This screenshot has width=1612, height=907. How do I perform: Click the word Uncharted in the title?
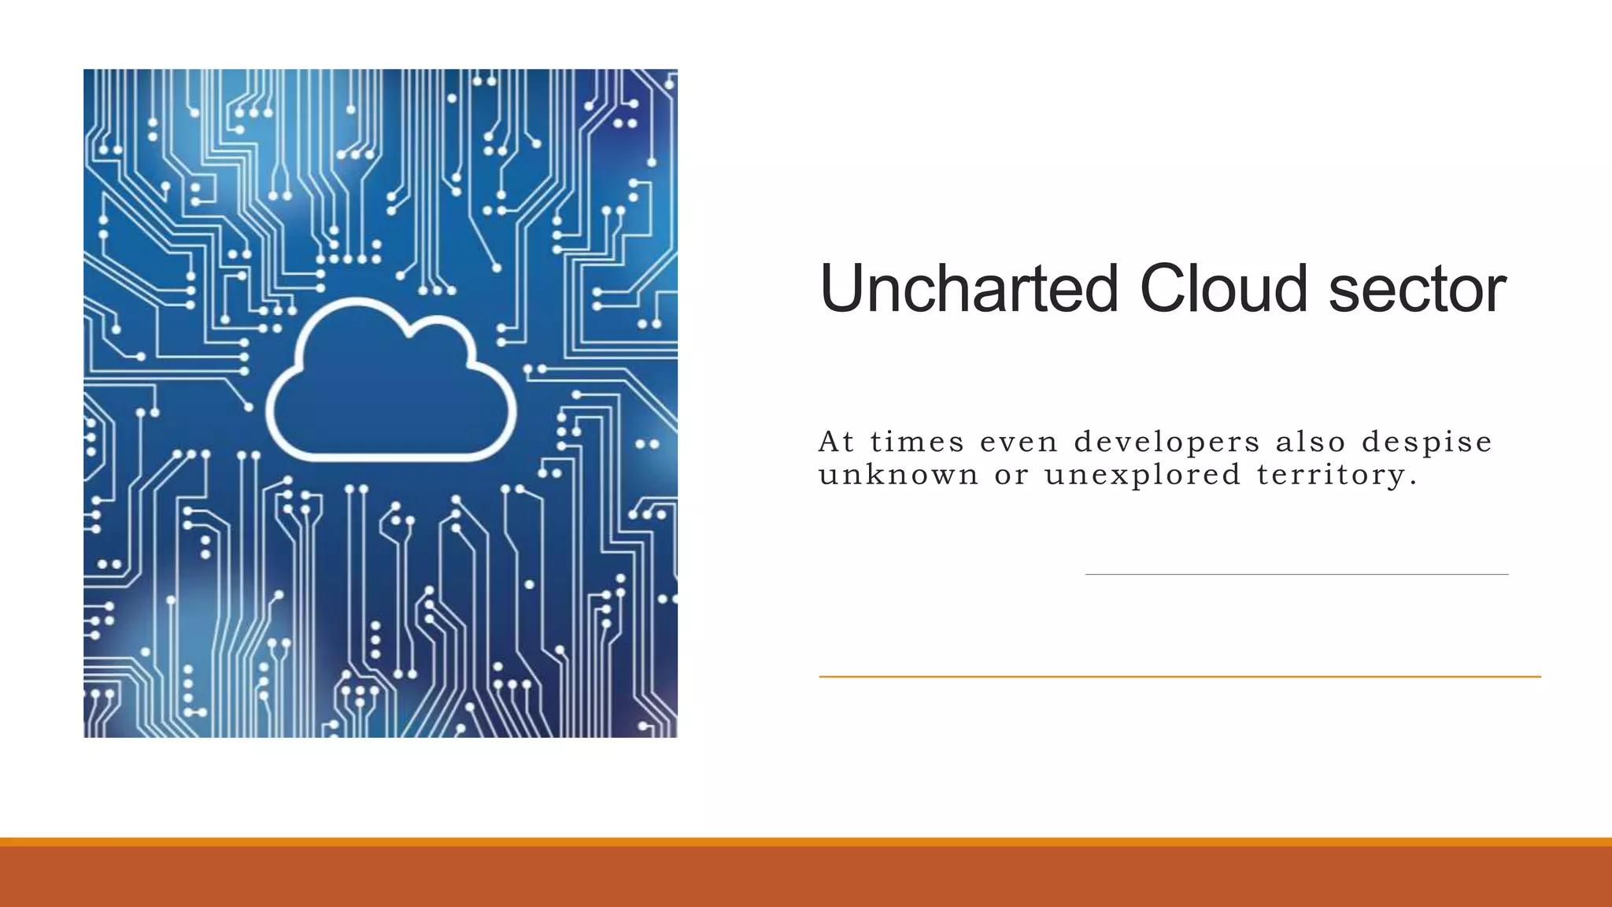click(x=968, y=289)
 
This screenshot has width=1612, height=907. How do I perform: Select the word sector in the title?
click(x=1417, y=289)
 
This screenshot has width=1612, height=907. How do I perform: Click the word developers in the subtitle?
click(x=1167, y=442)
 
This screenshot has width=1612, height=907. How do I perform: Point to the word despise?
click(x=1426, y=442)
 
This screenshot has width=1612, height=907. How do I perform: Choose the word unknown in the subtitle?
click(x=898, y=475)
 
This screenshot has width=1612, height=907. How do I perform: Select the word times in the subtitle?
click(x=917, y=442)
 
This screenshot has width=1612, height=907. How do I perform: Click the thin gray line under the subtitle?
click(x=1296, y=575)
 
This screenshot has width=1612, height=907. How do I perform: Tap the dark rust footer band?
click(x=806, y=878)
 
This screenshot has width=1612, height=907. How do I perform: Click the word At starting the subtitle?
click(x=836, y=442)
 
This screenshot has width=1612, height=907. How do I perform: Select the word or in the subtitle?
click(x=1011, y=476)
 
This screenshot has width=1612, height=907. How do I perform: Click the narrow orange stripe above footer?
click(x=806, y=842)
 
